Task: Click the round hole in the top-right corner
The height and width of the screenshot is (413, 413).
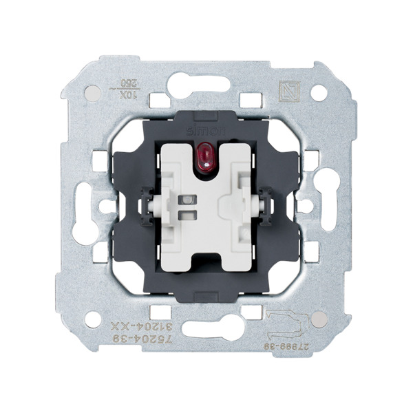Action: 317,91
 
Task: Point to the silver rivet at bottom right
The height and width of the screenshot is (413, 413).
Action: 317,319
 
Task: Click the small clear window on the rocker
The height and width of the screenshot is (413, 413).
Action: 185,203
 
